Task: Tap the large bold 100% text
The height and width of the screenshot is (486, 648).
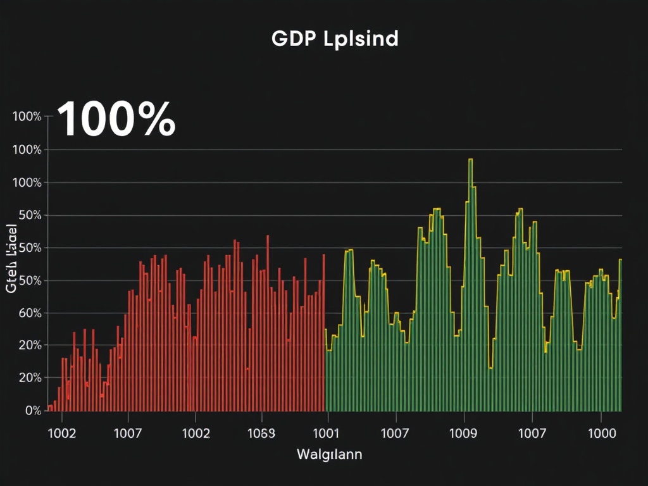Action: [x=116, y=120]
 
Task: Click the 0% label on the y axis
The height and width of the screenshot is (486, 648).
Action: [x=33, y=410]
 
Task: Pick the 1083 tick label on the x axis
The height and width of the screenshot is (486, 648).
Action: [x=261, y=434]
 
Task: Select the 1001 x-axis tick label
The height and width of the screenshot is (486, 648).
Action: [x=327, y=434]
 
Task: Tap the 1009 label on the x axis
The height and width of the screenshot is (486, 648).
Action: [x=464, y=434]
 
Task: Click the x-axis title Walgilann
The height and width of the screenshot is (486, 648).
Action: [x=329, y=454]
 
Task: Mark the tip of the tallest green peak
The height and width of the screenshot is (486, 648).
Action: [x=471, y=159]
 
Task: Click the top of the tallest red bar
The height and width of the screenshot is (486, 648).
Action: [x=268, y=236]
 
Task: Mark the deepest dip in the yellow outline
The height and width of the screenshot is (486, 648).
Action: [x=490, y=368]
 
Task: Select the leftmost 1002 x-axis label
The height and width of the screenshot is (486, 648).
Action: [x=62, y=434]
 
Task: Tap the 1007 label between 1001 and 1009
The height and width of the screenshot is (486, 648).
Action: [x=396, y=434]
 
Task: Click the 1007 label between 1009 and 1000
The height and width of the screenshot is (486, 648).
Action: [x=532, y=434]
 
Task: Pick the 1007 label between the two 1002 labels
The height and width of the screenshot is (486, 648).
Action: [x=128, y=434]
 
